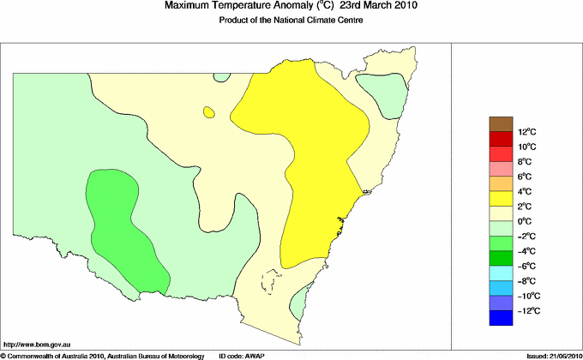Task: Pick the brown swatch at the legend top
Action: click(x=502, y=123)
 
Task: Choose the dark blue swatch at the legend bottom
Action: click(x=502, y=318)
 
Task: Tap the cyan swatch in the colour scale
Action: click(x=502, y=273)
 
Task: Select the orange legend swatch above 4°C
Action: click(x=502, y=183)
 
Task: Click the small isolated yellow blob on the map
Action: click(x=208, y=111)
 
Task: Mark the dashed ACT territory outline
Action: click(x=273, y=282)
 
